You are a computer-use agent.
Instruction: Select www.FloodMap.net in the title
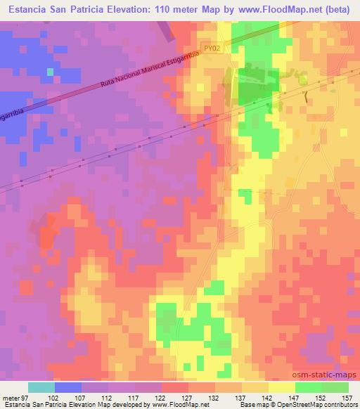pos(271,9)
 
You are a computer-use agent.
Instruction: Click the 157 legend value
pos(347,397)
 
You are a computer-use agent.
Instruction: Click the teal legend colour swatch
pos(41,387)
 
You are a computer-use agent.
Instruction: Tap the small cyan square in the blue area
pos(50,72)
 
